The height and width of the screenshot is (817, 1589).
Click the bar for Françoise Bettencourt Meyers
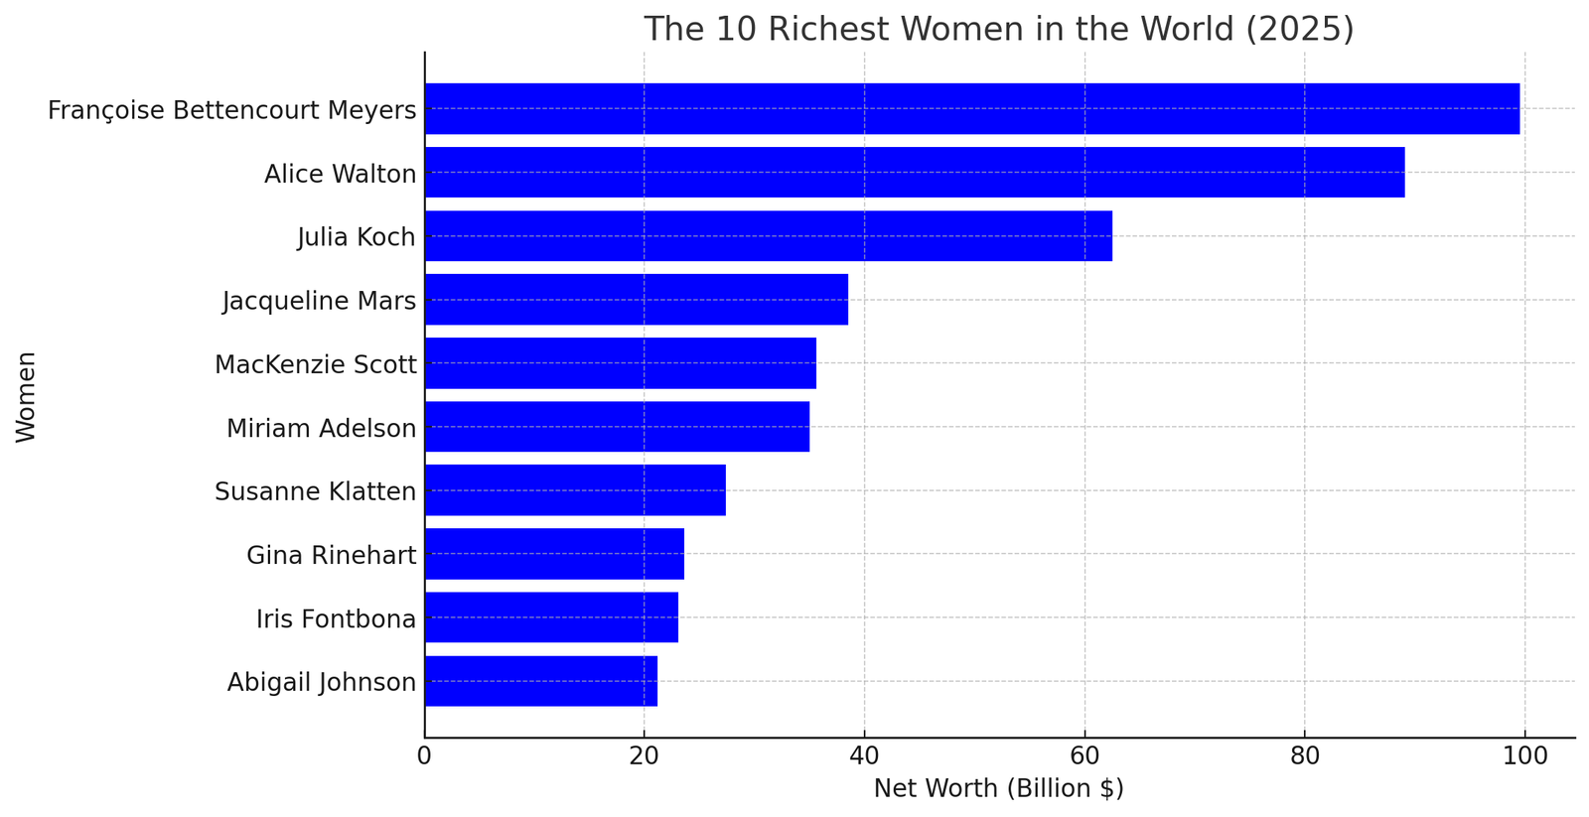pyautogui.click(x=971, y=109)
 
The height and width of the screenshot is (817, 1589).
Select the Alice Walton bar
pyautogui.click(x=914, y=173)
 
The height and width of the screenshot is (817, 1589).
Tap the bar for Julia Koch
pyautogui.click(x=768, y=236)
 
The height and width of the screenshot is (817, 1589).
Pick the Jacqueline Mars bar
pyautogui.click(x=636, y=300)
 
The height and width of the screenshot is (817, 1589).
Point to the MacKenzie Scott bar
pyautogui.click(x=620, y=363)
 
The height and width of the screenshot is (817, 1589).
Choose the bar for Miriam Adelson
pyautogui.click(x=617, y=427)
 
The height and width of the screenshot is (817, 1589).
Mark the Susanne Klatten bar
pyautogui.click(x=575, y=490)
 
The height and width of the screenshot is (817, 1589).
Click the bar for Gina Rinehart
pyautogui.click(x=554, y=554)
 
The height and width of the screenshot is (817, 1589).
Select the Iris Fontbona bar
pyautogui.click(x=551, y=617)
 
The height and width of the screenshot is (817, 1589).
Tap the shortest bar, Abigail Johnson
pyautogui.click(x=540, y=681)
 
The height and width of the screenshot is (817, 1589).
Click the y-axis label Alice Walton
pyautogui.click(x=340, y=175)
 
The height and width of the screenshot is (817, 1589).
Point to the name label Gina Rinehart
pyautogui.click(x=331, y=555)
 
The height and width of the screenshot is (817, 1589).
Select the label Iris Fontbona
pyautogui.click(x=336, y=619)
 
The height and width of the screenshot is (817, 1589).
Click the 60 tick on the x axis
pyautogui.click(x=1084, y=756)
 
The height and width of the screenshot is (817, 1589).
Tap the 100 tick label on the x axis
pyautogui.click(x=1524, y=756)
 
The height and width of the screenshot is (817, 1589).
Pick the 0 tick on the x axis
pyautogui.click(x=425, y=756)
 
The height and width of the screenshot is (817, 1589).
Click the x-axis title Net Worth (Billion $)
pyautogui.click(x=998, y=789)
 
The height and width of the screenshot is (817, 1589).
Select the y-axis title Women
pyautogui.click(x=27, y=396)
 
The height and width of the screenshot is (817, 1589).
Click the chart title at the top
pyautogui.click(x=998, y=29)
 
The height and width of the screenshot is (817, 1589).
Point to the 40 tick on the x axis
pyautogui.click(x=864, y=756)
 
